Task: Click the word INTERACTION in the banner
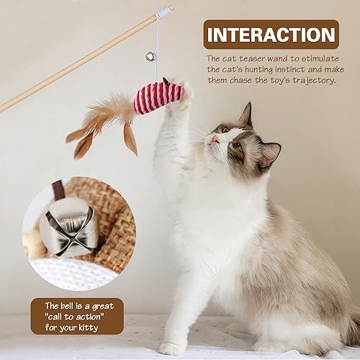269,35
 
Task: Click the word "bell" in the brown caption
67,305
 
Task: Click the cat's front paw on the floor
173,348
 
